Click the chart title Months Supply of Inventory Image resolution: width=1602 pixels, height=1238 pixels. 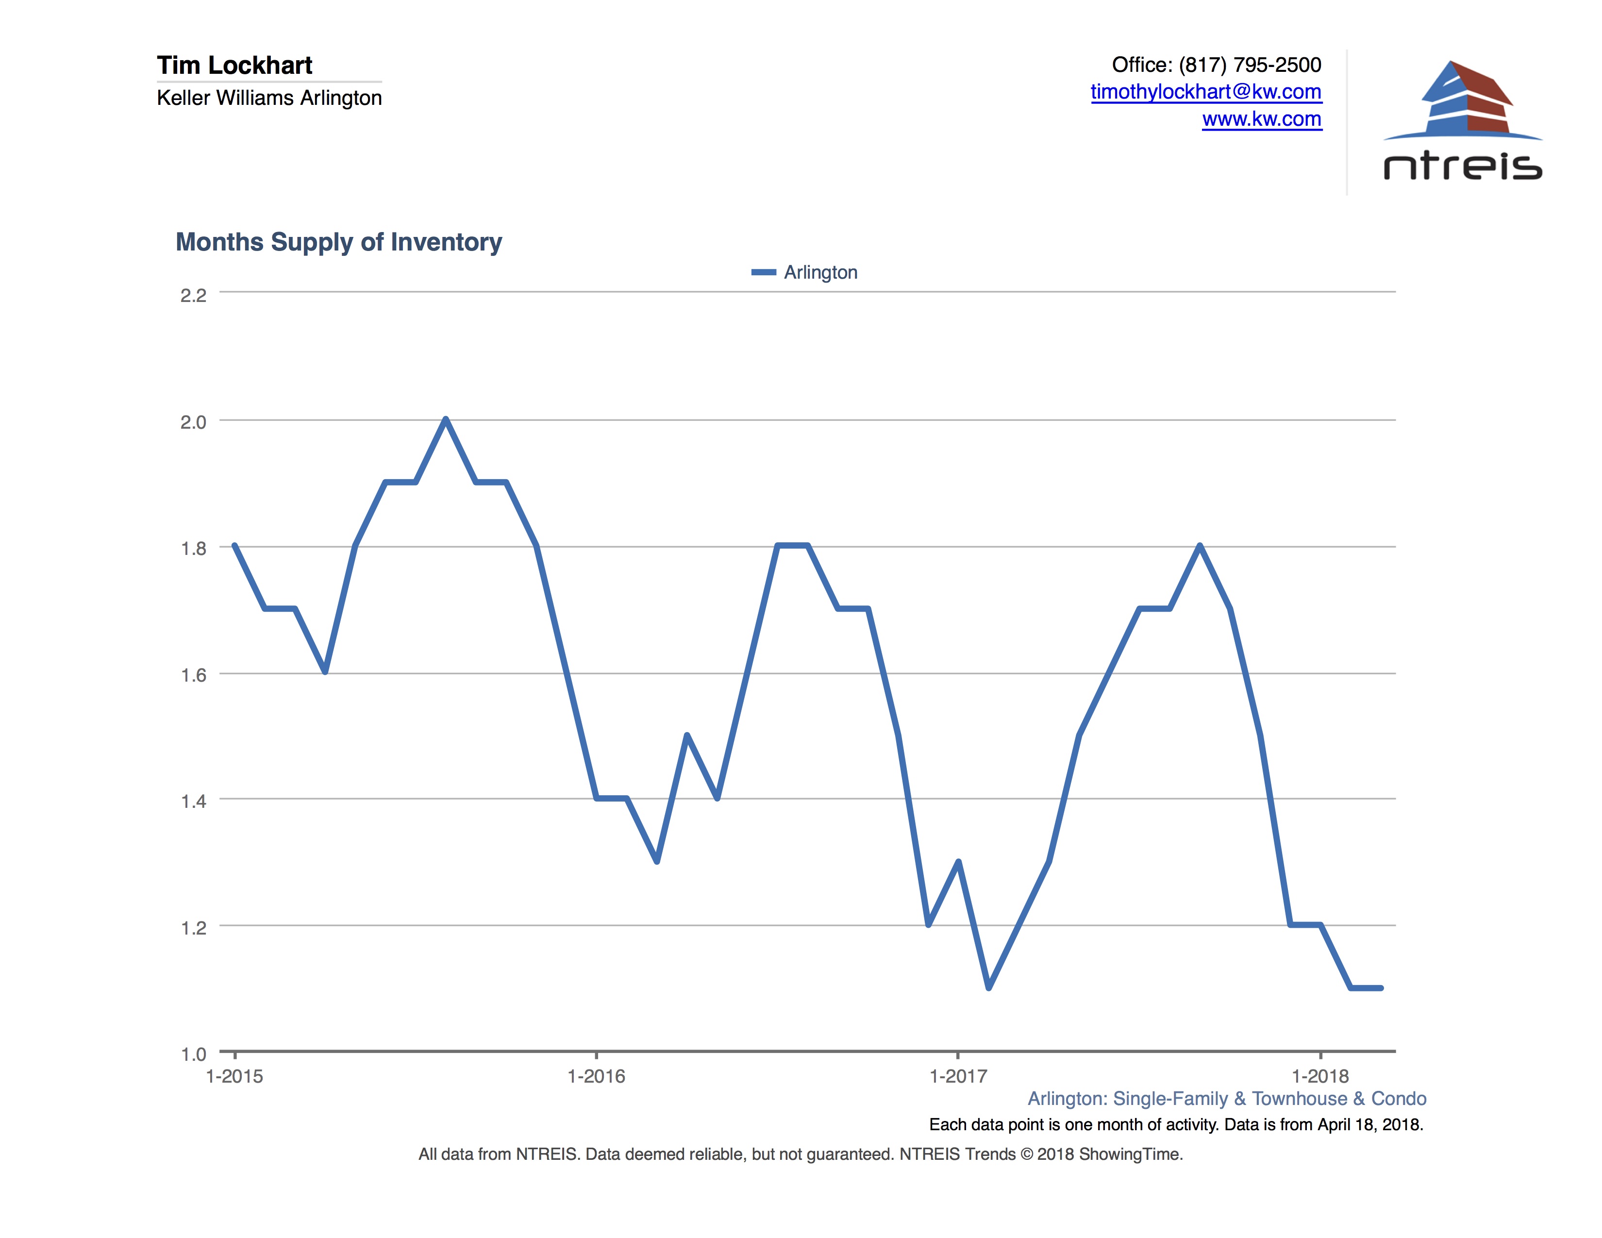click(338, 242)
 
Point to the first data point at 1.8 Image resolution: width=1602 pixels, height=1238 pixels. click(235, 546)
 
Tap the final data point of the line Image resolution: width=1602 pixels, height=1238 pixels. click(1381, 988)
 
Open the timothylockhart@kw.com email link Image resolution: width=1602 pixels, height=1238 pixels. click(1205, 92)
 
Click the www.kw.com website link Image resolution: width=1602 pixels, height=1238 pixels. click(1262, 119)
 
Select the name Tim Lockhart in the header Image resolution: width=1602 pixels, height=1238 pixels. click(235, 65)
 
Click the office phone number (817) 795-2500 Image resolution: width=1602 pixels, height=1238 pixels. click(1250, 65)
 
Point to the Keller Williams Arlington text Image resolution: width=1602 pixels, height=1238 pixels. click(269, 98)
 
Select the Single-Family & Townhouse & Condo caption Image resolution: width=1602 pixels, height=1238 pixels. click(1269, 1099)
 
